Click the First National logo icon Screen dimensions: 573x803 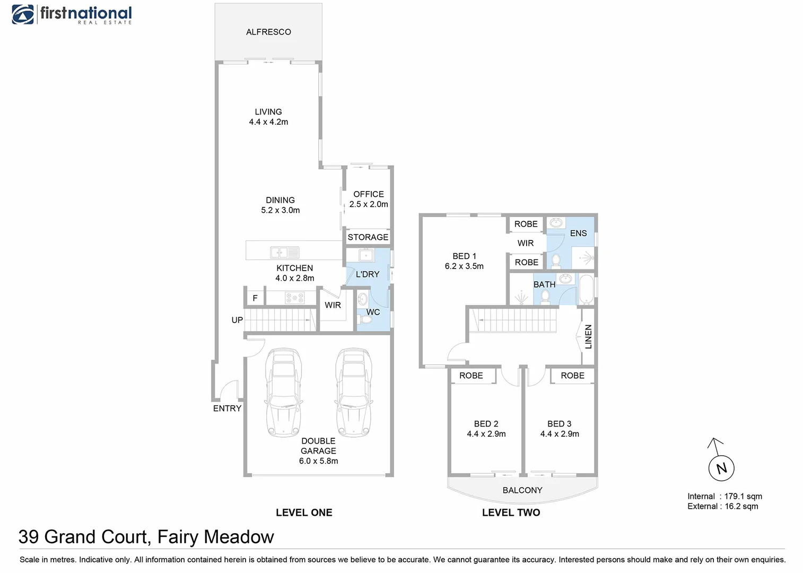[x=23, y=14]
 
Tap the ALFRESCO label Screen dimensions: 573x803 [x=268, y=32]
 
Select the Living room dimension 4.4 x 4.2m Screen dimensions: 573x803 [x=268, y=122]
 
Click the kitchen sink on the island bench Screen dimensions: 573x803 [x=285, y=253]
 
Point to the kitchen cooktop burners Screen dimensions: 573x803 [x=294, y=298]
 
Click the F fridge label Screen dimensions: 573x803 [x=255, y=298]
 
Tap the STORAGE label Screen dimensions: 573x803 [x=368, y=237]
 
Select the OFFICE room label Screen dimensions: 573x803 [x=369, y=194]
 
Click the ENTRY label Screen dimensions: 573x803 [x=227, y=409]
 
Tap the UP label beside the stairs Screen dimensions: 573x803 [x=237, y=320]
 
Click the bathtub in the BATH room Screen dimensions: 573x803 [x=586, y=289]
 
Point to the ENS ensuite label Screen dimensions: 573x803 [x=578, y=233]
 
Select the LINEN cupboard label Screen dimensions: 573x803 [x=588, y=336]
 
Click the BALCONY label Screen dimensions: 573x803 [x=522, y=490]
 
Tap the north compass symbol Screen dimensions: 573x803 [x=721, y=468]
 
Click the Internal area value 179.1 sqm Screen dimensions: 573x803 [x=743, y=496]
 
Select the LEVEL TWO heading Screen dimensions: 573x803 [x=511, y=513]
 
